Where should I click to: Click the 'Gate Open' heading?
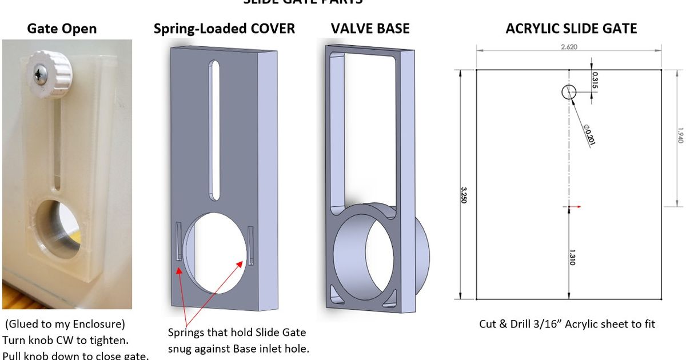point(62,29)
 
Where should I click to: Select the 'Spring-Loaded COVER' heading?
point(224,29)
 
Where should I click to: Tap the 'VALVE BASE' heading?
point(370,29)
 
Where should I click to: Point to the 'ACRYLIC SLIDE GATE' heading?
point(571,29)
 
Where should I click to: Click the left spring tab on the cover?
point(179,242)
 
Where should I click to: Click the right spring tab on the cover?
point(250,245)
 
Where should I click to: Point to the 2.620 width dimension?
point(569,47)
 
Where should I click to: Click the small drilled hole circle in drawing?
point(569,91)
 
